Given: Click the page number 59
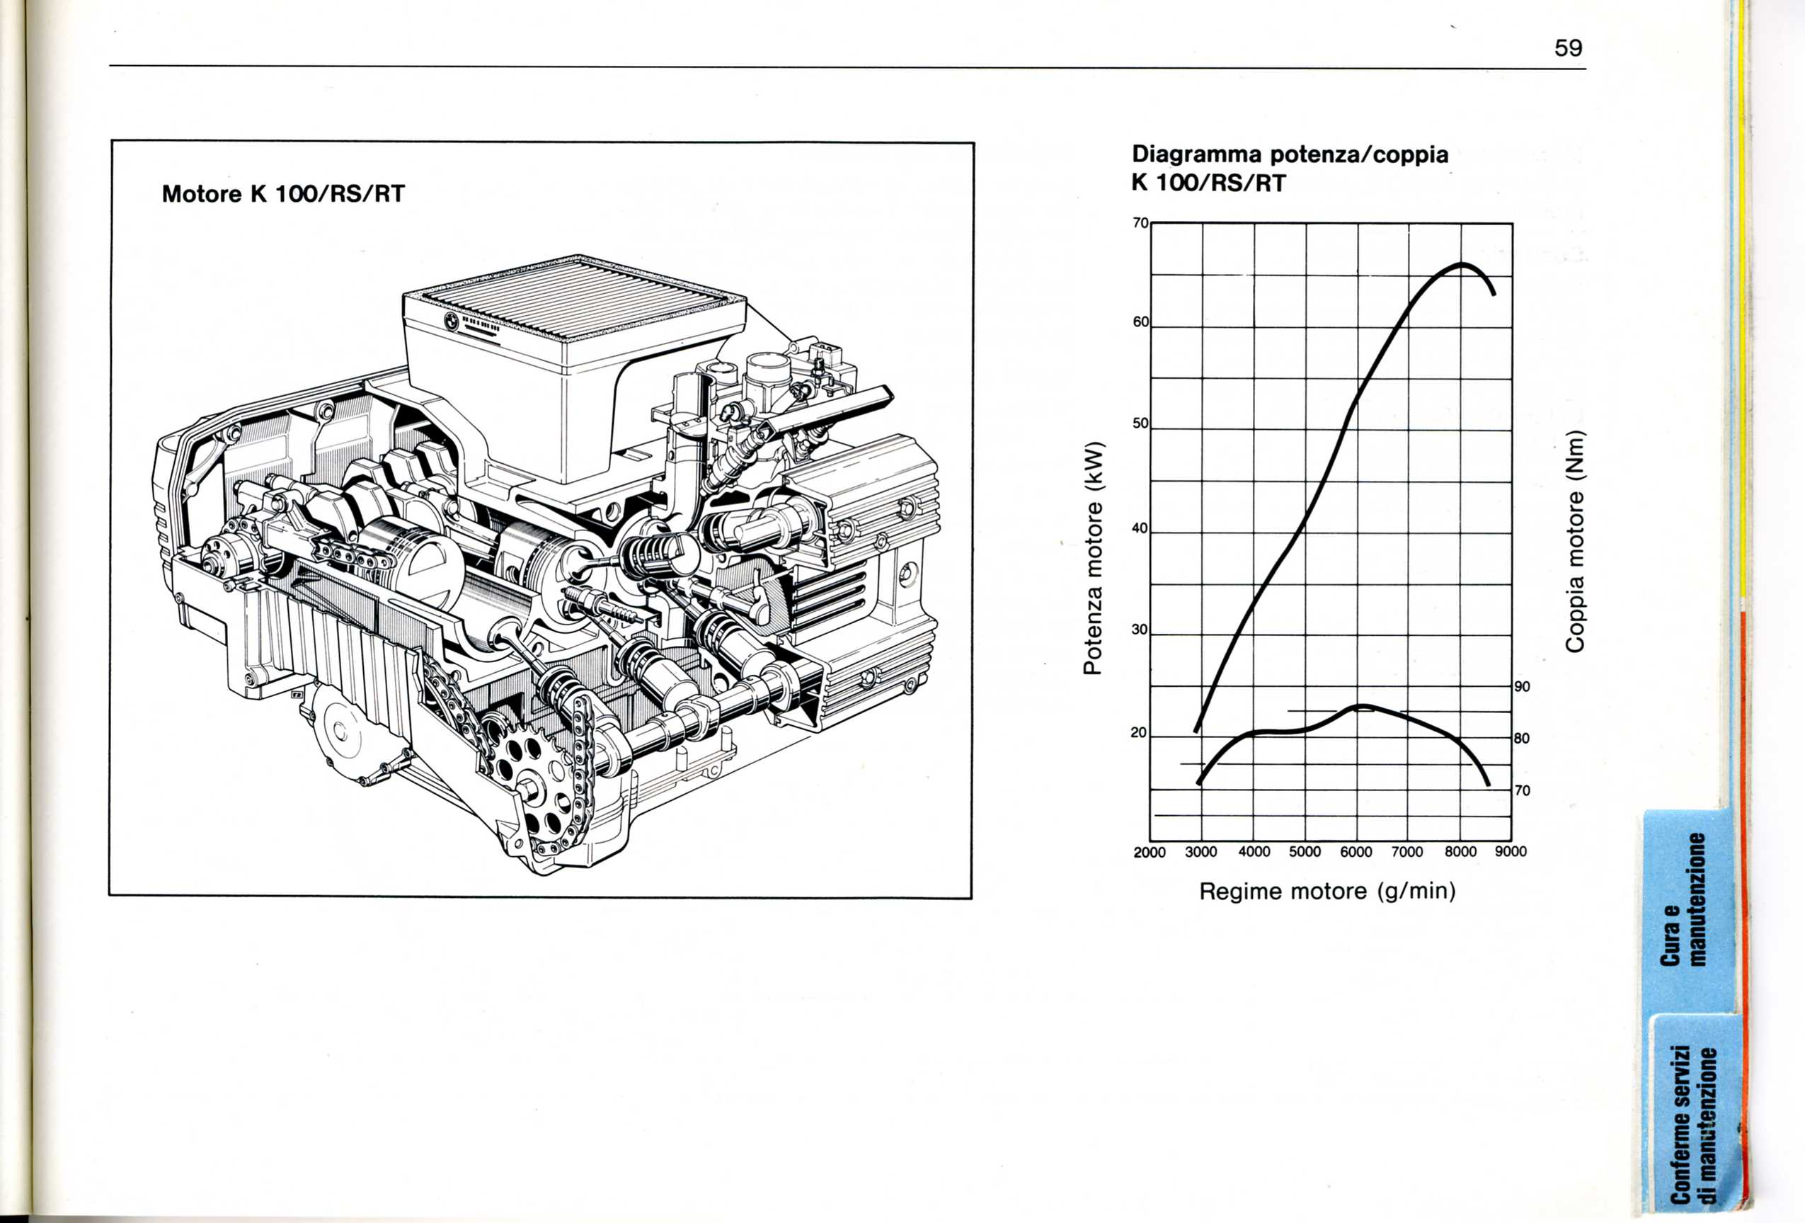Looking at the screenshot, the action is (x=1568, y=48).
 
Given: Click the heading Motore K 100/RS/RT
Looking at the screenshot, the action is (x=283, y=194).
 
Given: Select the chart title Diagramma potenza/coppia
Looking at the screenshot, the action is (x=1290, y=154).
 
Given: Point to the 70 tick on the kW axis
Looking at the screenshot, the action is (x=1140, y=223).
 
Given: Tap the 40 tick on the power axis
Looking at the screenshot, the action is (x=1140, y=528).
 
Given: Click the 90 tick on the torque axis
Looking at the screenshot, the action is (x=1522, y=687).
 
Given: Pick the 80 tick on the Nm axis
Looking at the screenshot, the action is (x=1522, y=738).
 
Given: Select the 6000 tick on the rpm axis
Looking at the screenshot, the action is (x=1356, y=852).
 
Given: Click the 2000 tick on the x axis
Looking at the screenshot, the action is (x=1150, y=853).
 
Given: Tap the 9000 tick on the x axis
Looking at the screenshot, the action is (x=1511, y=852).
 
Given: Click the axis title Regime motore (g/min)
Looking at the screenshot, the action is (x=1327, y=891).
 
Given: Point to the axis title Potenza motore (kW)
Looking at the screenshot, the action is (x=1094, y=557).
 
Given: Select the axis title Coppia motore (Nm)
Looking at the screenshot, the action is (x=1574, y=541).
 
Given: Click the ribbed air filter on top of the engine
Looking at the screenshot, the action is (x=575, y=298).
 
